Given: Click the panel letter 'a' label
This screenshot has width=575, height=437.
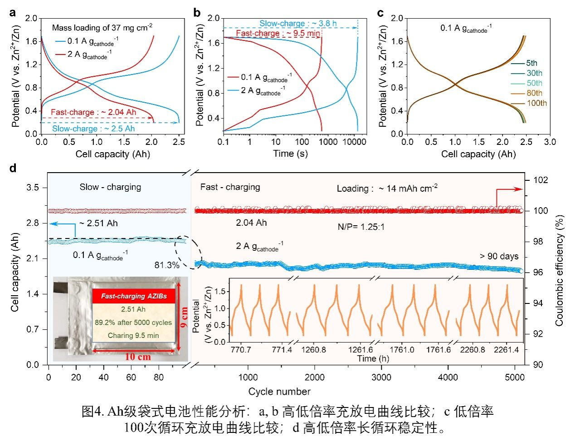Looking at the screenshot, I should [12, 13].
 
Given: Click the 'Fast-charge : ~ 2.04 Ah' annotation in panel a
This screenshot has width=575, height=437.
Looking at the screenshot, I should [93, 112].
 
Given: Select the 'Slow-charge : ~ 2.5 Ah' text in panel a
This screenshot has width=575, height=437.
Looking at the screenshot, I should [93, 129].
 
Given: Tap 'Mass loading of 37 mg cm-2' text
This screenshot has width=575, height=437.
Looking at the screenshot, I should [102, 28].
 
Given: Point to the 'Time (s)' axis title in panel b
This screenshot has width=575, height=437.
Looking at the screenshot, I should [290, 154].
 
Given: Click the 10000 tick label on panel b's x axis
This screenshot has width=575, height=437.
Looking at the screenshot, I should [354, 142].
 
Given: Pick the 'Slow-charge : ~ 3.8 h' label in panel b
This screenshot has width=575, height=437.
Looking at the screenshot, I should [298, 24].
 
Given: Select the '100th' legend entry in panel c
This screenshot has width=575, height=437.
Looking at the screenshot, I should [536, 103].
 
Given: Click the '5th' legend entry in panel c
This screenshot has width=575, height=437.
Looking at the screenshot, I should [531, 63].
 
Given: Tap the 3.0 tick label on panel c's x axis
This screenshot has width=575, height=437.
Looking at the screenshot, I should [550, 142].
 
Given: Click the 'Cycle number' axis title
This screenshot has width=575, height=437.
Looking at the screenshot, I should [279, 392].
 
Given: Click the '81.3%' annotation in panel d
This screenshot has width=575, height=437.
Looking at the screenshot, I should [167, 265].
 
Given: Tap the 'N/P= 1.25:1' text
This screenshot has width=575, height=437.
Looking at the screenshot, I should [361, 227].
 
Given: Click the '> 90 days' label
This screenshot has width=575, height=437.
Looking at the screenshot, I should [499, 256].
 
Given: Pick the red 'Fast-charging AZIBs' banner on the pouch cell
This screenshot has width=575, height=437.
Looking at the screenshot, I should [134, 296].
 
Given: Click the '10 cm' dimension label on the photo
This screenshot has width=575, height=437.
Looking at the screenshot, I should [137, 357].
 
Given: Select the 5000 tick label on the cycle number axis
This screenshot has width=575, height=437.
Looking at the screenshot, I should [514, 377].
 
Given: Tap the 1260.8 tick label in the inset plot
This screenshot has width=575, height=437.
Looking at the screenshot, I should [313, 350].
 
